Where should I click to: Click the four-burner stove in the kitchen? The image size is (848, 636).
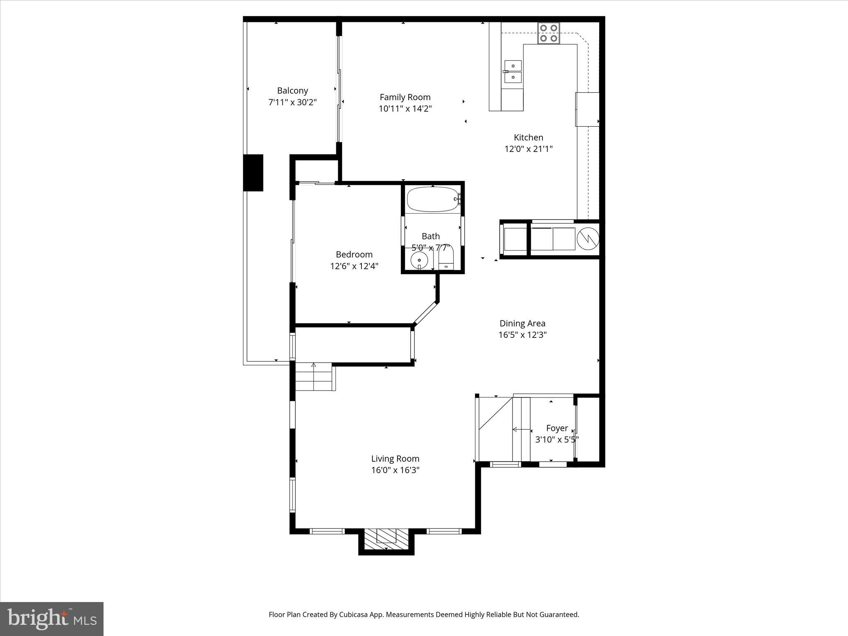(x=549, y=34)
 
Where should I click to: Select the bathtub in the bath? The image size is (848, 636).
(x=433, y=199)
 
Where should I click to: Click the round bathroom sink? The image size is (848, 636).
(x=419, y=260)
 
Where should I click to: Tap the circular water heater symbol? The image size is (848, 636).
(x=588, y=238)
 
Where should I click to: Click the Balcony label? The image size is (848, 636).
(x=292, y=91)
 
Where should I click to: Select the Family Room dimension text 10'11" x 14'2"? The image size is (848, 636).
(x=405, y=109)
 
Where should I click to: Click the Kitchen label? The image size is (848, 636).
(x=528, y=137)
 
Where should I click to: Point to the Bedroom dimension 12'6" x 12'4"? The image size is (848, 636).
(x=354, y=266)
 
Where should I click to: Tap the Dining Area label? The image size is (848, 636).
(x=522, y=323)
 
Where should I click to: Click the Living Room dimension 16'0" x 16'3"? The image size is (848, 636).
(x=395, y=470)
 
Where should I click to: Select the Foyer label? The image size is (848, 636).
(x=556, y=428)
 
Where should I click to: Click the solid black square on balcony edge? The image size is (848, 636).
(x=253, y=173)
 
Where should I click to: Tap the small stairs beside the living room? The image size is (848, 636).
(x=314, y=376)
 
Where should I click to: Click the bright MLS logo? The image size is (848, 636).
(x=52, y=619)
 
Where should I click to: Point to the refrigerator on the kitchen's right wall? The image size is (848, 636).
(x=587, y=109)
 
